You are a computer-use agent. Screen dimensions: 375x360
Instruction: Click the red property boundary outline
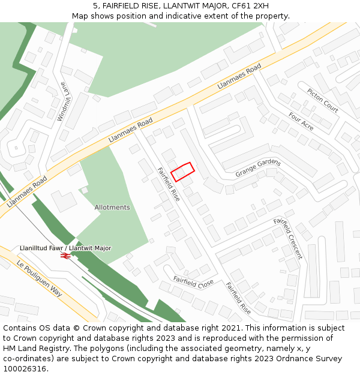(x=183, y=172)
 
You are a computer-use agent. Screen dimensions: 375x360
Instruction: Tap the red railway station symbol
(x=65, y=256)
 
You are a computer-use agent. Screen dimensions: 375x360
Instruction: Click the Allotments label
(x=112, y=208)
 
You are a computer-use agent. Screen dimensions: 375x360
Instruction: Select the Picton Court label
(x=323, y=100)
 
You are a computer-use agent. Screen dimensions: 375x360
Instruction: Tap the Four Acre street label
(x=301, y=121)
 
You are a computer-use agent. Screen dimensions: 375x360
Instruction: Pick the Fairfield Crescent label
(x=289, y=238)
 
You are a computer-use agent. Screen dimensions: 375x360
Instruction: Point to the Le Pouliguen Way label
(x=40, y=280)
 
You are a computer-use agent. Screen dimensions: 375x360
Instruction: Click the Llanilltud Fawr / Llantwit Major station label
(x=65, y=248)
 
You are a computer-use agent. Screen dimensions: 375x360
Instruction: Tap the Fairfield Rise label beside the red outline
(x=169, y=184)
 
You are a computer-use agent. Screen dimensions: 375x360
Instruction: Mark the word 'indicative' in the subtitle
(x=180, y=16)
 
